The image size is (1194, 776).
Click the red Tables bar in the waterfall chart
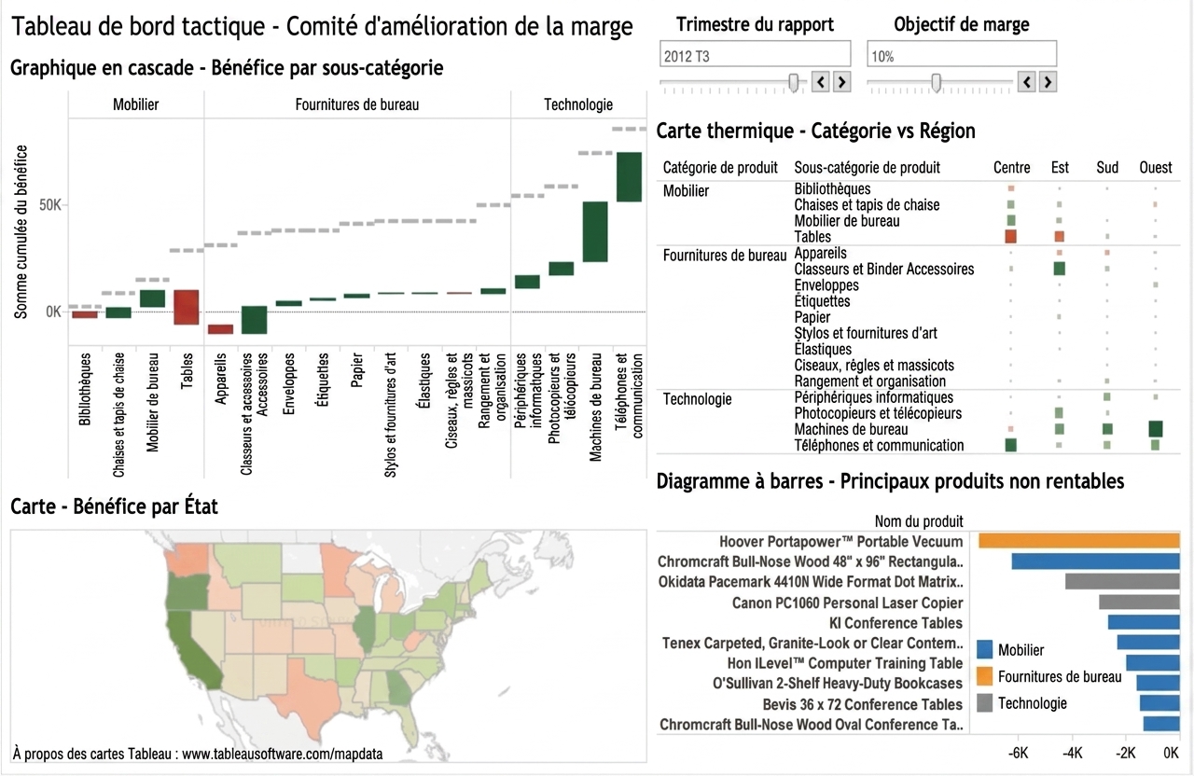point(186,307)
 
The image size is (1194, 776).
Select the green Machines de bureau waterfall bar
point(595,232)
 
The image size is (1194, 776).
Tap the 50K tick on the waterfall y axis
point(50,205)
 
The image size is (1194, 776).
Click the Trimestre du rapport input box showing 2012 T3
point(755,54)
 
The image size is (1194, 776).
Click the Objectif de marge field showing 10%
point(962,54)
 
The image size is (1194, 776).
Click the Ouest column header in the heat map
point(1155,168)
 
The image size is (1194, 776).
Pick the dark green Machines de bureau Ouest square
point(1156,429)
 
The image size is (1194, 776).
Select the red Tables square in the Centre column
point(1010,237)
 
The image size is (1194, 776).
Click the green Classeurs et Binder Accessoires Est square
point(1059,269)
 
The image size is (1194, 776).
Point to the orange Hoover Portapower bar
point(1079,541)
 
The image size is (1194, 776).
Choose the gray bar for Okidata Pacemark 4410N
point(1122,581)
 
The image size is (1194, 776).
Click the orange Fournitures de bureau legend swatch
point(984,676)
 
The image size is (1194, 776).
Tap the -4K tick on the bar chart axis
point(1072,753)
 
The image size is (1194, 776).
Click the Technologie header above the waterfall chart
point(578,104)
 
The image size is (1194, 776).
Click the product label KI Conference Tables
point(895,623)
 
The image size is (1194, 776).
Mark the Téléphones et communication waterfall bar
point(629,177)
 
